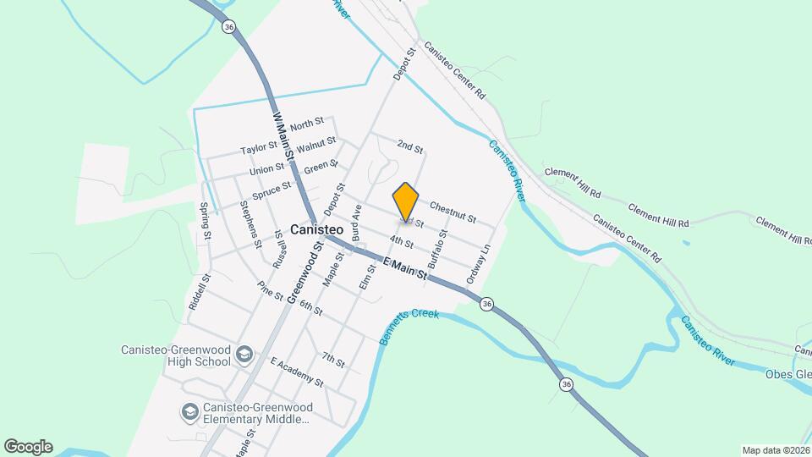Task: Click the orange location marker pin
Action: pos(406,201)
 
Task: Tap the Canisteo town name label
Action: pos(315,229)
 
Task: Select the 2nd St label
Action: pos(409,147)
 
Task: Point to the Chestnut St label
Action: pos(453,206)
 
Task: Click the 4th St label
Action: pos(402,244)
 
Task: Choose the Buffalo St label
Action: pos(437,245)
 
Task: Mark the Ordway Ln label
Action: pos(479,264)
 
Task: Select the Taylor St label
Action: pos(259,149)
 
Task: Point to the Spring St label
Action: pos(204,219)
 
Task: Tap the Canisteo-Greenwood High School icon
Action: pos(244,354)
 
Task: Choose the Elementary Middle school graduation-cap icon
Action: pos(189,412)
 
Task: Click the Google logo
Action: pos(28,447)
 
